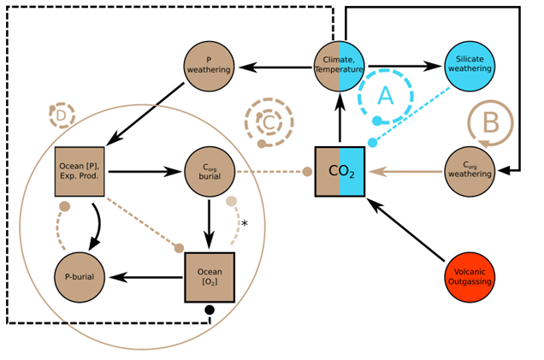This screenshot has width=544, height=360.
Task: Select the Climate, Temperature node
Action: [340, 65]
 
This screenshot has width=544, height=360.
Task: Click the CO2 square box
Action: [340, 172]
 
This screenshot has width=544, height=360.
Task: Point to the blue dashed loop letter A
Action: [386, 97]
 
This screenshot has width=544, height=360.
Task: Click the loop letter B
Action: [491, 123]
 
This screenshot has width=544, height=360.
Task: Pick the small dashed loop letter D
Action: [62, 115]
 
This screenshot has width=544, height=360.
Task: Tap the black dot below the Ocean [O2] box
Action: [210, 310]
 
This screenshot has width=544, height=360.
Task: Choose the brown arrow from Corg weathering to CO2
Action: [405, 172]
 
